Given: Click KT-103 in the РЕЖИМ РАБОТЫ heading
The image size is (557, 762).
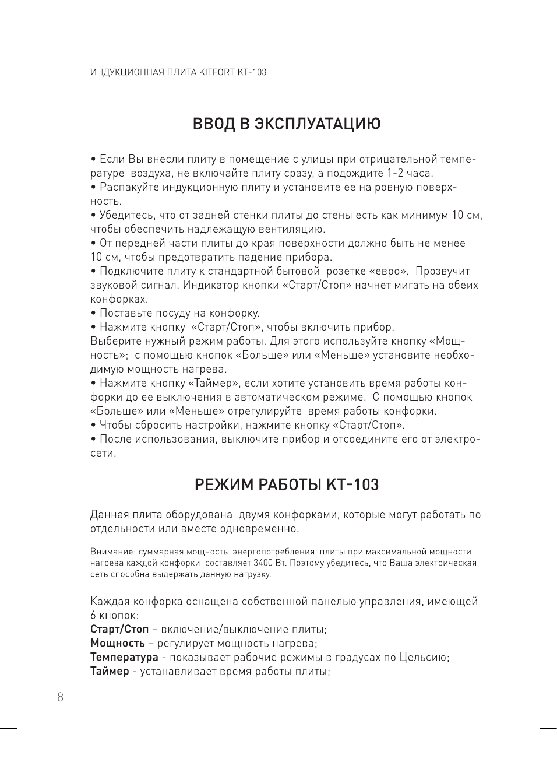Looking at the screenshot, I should pos(352,485).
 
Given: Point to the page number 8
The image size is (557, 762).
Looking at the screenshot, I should pos(60,697).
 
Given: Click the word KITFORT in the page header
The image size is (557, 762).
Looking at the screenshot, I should pos(217,73).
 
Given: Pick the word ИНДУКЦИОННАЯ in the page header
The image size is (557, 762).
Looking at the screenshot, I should pos(124,73).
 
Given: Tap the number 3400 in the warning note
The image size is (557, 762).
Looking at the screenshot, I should pos(263,563).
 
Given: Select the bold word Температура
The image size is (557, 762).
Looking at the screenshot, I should pos(124,658).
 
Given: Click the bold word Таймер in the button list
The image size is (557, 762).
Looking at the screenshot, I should pos(110,672).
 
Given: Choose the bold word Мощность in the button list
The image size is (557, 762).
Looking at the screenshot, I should pos(118,644).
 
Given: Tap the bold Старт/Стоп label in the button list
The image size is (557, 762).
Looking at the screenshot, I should pos(119,630).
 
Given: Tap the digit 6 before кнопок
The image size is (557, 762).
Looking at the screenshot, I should pos(93,616).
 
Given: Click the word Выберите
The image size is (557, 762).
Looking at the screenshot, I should pos(115,341).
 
